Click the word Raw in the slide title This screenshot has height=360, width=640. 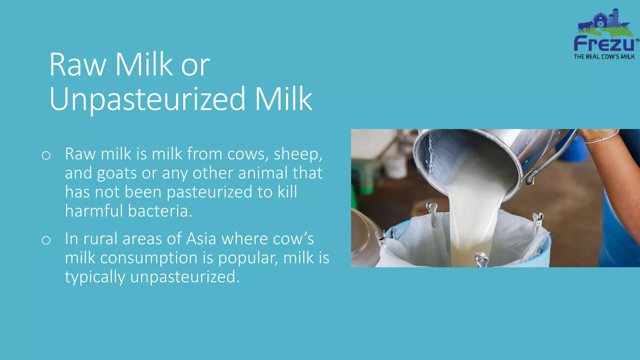click(78, 65)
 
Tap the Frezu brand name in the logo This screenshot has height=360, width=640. click(604, 44)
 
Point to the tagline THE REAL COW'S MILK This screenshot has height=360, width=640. click(604, 57)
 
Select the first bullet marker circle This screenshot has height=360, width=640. click(46, 155)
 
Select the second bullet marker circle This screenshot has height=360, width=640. click(46, 240)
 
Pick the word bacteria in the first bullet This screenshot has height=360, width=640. click(160, 211)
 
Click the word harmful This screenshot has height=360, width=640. click(94, 211)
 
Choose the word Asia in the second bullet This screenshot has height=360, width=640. click(201, 239)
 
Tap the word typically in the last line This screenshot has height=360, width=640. click(95, 277)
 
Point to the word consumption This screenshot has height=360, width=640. click(149, 258)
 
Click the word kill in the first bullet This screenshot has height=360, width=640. click(287, 192)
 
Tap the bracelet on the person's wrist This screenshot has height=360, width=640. click(602, 139)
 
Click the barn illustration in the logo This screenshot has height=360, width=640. click(600, 21)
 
